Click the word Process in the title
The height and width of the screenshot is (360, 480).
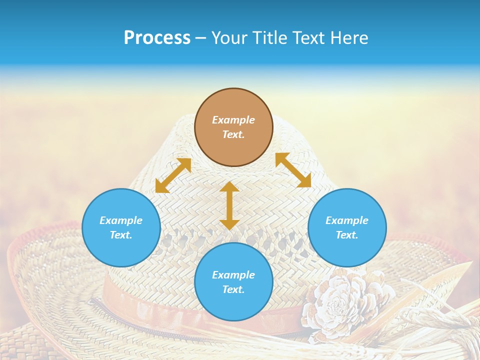(x=157, y=38)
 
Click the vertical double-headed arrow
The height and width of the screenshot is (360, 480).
(x=229, y=205)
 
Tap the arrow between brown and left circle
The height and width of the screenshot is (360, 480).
(x=173, y=175)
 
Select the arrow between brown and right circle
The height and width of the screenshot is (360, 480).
(x=293, y=170)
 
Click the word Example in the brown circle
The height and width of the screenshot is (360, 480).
(x=233, y=120)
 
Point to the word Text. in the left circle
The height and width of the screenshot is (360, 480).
(x=121, y=235)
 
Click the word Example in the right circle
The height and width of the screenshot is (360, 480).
(x=347, y=220)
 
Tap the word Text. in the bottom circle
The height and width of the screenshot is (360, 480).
(x=233, y=289)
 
